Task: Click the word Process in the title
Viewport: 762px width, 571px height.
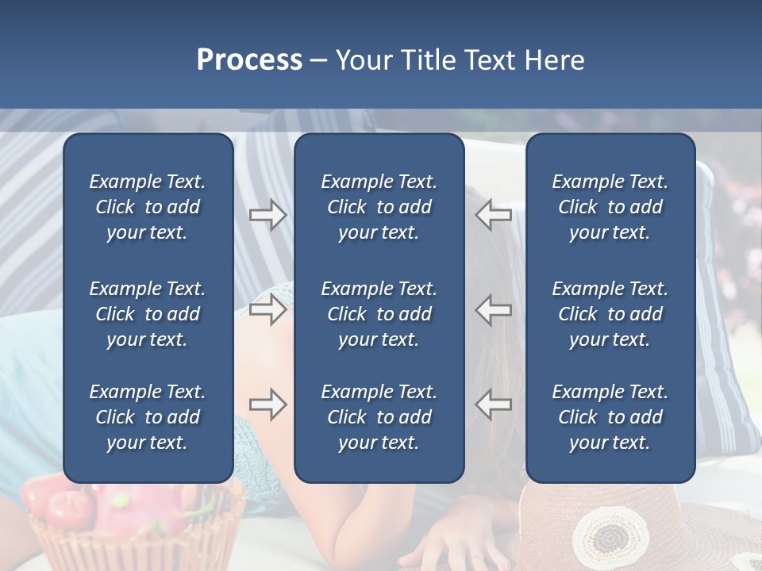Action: [x=249, y=60]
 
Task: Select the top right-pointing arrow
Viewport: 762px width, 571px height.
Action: [x=267, y=215]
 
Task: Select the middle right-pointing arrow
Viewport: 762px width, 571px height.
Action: [x=267, y=309]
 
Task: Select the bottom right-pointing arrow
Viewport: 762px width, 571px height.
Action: [x=267, y=404]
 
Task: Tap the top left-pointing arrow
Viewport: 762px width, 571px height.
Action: [x=494, y=215]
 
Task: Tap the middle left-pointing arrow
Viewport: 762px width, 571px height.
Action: [x=494, y=309]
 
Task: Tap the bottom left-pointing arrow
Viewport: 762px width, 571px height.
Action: [x=494, y=404]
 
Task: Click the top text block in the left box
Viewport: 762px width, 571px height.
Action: [x=148, y=207]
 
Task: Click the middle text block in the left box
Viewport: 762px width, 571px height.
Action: [x=148, y=314]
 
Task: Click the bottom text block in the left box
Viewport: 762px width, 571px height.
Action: [x=148, y=417]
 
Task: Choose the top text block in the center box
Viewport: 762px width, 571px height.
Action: [x=379, y=207]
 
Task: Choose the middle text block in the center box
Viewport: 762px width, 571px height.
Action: [x=379, y=314]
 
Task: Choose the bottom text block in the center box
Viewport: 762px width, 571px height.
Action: [x=379, y=417]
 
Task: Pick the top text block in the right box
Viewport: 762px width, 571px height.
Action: [x=610, y=207]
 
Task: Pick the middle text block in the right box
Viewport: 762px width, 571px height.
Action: [x=610, y=314]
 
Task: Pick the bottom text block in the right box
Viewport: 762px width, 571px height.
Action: [x=610, y=417]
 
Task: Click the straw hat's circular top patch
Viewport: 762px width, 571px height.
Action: [x=610, y=535]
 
